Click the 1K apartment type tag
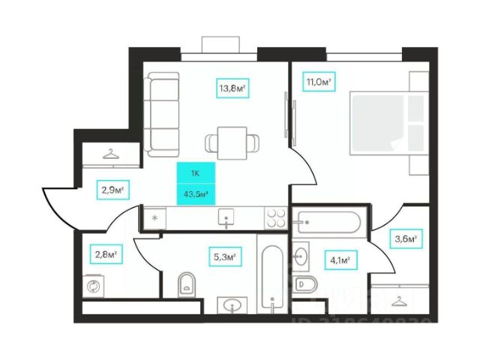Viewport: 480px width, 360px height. pyautogui.click(x=195, y=173)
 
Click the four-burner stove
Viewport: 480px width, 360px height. pyautogui.click(x=275, y=217)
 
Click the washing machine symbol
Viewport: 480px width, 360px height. pyautogui.click(x=95, y=286)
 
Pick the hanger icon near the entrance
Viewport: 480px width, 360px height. pyautogui.click(x=110, y=154)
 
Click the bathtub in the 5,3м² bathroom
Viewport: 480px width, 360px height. pyautogui.click(x=271, y=276)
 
